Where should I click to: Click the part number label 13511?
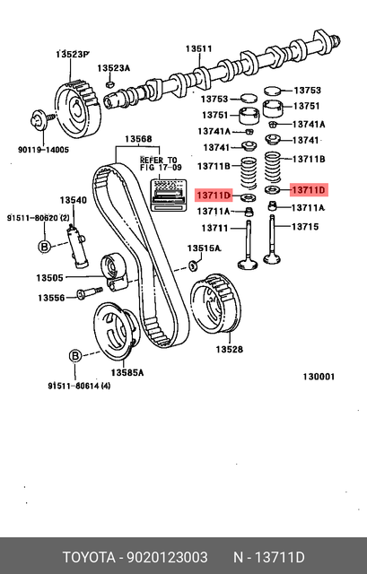click(198, 48)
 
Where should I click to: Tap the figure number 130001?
click(318, 377)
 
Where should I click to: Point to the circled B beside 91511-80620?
click(42, 246)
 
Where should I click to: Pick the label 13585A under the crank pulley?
click(127, 372)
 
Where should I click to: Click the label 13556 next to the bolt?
click(50, 298)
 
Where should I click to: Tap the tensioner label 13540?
click(74, 200)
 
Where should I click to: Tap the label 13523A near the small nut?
click(114, 68)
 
